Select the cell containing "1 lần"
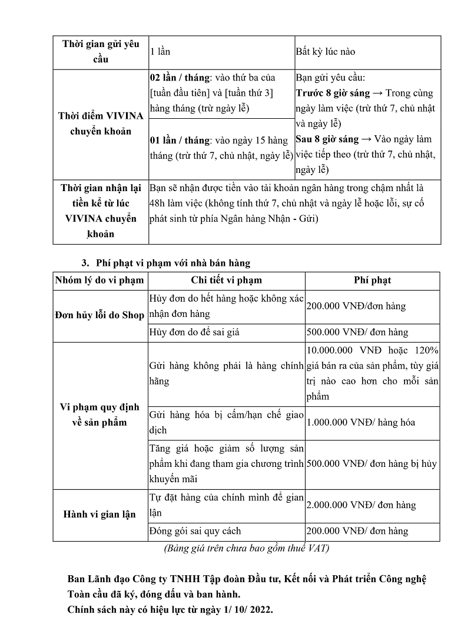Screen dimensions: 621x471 pyautogui.click(x=160, y=52)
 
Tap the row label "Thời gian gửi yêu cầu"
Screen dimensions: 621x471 pyautogui.click(x=101, y=52)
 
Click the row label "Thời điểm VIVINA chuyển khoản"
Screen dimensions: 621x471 pyautogui.click(x=101, y=123)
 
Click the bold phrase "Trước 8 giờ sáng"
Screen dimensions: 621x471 pyautogui.click(x=333, y=93)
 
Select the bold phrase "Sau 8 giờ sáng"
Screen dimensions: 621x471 pyautogui.click(x=328, y=139)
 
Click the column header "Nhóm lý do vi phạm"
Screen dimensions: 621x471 pyautogui.click(x=100, y=281)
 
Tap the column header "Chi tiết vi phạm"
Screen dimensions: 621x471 pyautogui.click(x=227, y=281)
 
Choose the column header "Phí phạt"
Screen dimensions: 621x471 pyautogui.click(x=373, y=281)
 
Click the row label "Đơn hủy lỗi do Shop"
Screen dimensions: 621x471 pyautogui.click(x=100, y=315)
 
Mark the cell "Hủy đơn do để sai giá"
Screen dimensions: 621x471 pyautogui.click(x=195, y=332)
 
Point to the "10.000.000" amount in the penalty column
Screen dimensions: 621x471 pyautogui.click(x=332, y=351)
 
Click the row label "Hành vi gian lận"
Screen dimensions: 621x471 pyautogui.click(x=100, y=515)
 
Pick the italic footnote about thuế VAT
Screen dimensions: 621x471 pyautogui.click(x=246, y=549)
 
